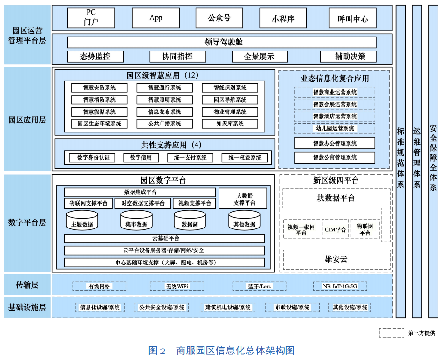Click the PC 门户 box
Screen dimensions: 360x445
[91, 18]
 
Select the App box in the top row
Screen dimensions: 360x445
[156, 18]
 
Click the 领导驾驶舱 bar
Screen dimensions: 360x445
[222, 42]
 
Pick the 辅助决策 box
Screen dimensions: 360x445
[349, 57]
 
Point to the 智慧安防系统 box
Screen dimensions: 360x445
[99, 88]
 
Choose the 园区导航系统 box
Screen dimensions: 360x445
[230, 100]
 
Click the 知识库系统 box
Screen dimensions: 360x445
[230, 124]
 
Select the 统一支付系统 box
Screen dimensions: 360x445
[187, 158]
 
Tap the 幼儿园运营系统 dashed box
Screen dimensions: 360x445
[335, 128]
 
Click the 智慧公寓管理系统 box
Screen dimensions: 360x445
[335, 158]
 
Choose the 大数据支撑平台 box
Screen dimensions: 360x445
[243, 198]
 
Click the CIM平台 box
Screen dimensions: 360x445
[335, 229]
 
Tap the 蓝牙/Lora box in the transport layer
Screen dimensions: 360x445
[259, 286]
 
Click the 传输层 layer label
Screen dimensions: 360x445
[27, 285]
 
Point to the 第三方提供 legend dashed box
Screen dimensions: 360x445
[392, 333]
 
